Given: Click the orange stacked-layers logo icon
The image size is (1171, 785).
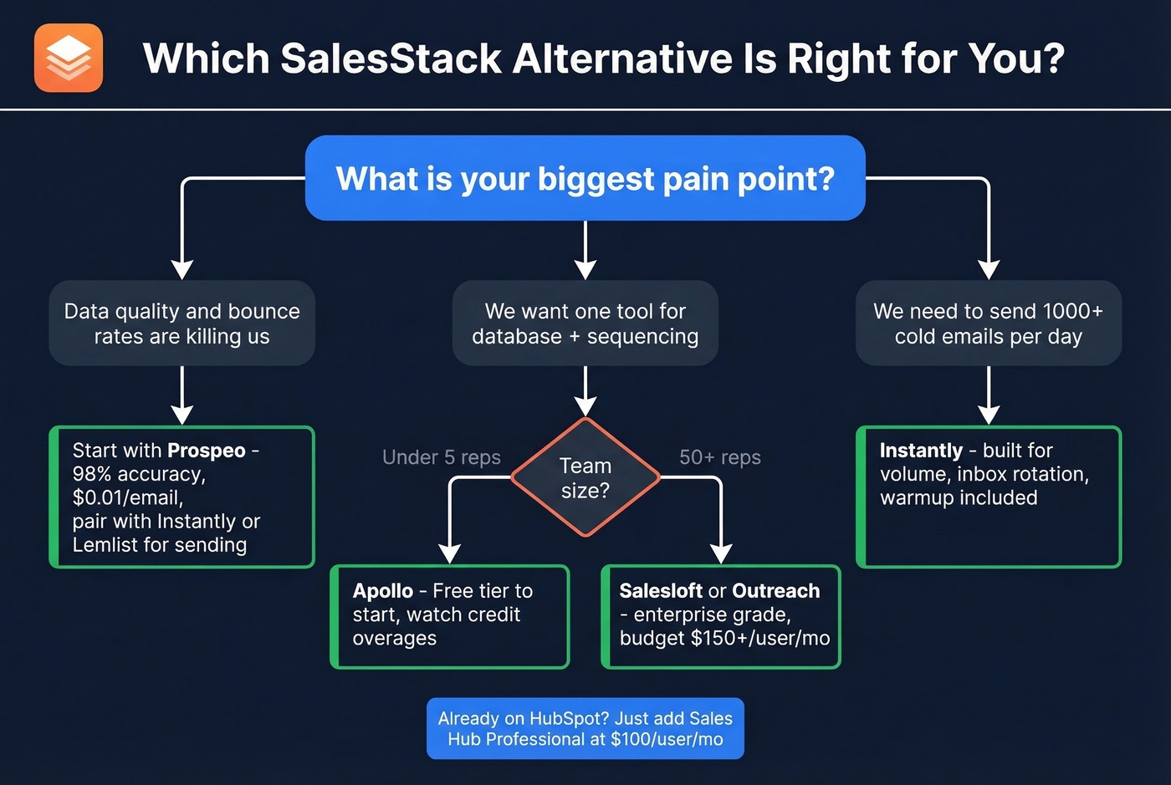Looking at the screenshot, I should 69,58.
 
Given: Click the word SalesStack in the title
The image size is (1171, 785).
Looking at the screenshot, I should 391,59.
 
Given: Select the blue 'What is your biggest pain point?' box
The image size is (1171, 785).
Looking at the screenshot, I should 585,179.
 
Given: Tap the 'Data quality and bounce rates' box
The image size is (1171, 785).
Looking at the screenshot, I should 182,324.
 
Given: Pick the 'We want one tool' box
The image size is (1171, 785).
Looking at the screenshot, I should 585,324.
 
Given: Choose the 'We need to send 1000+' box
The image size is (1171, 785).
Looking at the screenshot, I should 988,324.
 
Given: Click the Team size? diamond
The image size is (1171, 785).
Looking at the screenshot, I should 585,477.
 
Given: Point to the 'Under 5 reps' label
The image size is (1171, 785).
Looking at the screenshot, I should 441,457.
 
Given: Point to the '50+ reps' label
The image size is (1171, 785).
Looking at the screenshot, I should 719,457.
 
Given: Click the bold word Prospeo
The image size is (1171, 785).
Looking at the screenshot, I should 206,451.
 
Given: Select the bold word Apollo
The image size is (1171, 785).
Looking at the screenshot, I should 382,591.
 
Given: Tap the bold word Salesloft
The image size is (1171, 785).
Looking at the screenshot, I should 661,591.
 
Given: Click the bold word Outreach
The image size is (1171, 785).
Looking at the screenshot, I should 776,591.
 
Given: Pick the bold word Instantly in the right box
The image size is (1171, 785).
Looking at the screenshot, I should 921,451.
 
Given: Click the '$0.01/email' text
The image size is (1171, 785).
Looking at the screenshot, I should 127,497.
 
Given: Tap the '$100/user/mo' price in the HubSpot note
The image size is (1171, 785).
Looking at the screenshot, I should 667,739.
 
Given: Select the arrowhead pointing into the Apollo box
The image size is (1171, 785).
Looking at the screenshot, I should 450,554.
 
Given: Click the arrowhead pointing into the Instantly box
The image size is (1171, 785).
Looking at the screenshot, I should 989,415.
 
